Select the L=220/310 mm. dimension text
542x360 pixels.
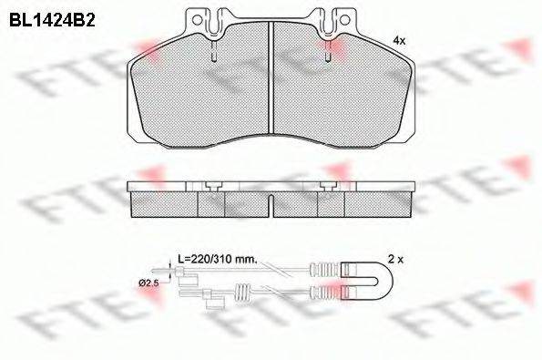point(217,260)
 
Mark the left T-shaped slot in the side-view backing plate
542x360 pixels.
point(210,186)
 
